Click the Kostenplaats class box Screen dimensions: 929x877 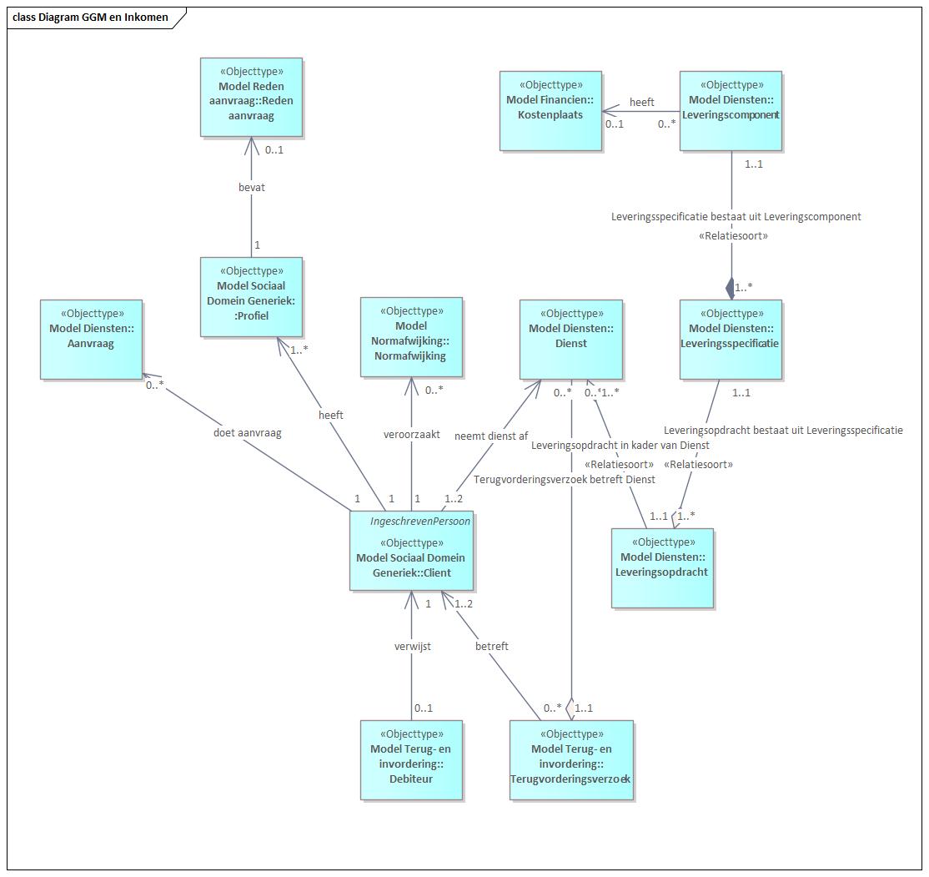click(550, 111)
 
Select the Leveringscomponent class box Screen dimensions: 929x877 click(731, 111)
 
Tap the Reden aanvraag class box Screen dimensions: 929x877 click(251, 98)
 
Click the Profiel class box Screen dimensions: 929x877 click(251, 297)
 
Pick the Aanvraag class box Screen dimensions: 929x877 click(91, 339)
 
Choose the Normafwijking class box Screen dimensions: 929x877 click(411, 337)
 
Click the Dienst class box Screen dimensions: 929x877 click(571, 339)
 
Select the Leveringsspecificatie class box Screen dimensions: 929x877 click(731, 339)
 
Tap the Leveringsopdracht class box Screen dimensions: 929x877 click(662, 568)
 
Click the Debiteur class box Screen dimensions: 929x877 click(411, 760)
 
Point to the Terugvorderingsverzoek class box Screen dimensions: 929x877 click(571, 760)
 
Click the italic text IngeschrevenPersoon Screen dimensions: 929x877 click(420, 522)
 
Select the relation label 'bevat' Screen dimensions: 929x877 click(252, 188)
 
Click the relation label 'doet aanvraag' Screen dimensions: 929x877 click(247, 433)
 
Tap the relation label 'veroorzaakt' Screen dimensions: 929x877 click(412, 435)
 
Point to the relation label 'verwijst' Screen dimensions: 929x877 click(412, 647)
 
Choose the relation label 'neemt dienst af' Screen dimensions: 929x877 click(491, 436)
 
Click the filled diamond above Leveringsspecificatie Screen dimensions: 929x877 click(731, 289)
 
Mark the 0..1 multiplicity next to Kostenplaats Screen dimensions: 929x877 click(615, 124)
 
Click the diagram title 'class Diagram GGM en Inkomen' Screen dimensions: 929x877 click(90, 18)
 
